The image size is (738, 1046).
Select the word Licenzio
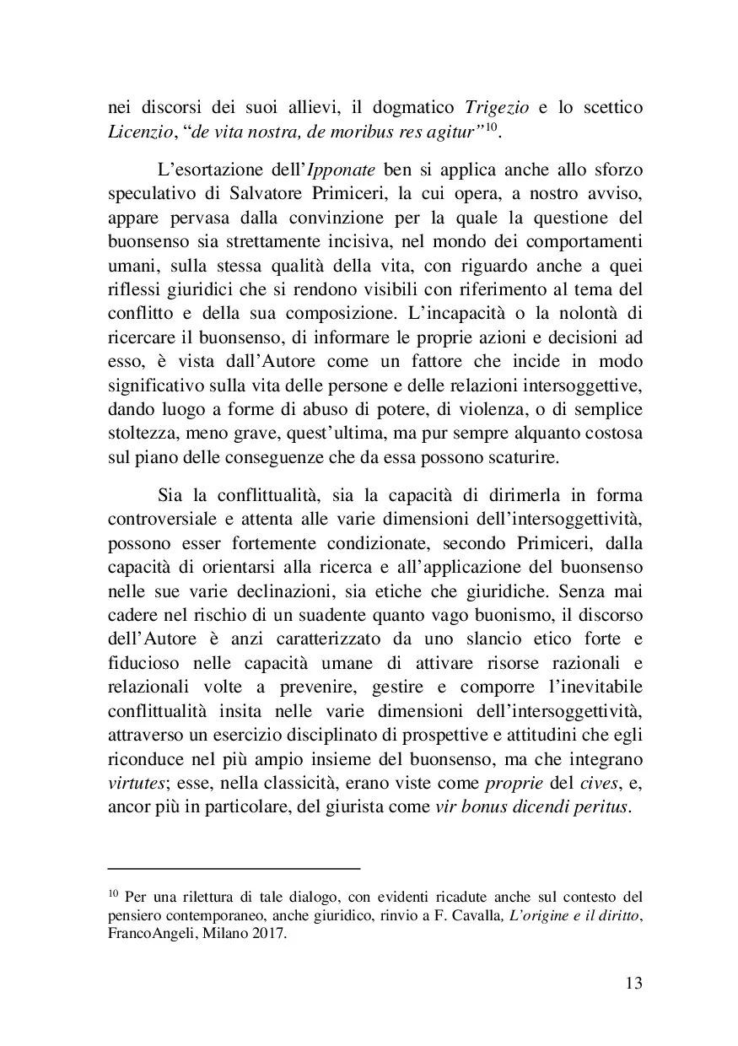(139, 132)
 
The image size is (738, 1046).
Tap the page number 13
(635, 984)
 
